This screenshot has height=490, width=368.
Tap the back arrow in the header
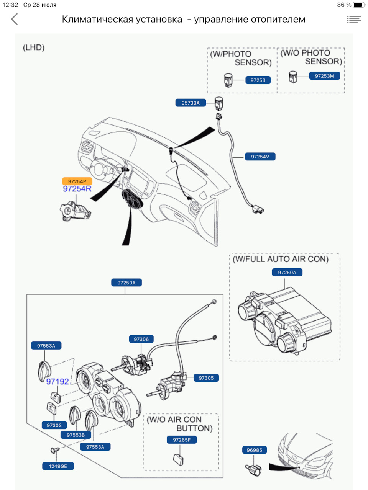[15, 19]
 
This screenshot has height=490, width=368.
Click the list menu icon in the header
[354, 19]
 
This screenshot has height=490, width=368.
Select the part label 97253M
[324, 76]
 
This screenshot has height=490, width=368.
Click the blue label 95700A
[191, 103]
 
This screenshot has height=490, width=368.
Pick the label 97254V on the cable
[260, 157]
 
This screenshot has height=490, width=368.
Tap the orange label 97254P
[77, 181]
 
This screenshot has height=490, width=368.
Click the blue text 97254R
[77, 189]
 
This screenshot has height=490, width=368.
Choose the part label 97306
[141, 339]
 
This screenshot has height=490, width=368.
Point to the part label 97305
[206, 378]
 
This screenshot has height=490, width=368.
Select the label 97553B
[76, 435]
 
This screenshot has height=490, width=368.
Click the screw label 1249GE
[58, 466]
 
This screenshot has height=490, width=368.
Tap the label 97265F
[182, 440]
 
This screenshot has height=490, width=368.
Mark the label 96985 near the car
[255, 450]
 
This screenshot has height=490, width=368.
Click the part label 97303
[54, 425]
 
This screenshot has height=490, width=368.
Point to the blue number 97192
[58, 382]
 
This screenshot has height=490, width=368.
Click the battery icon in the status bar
[358, 5]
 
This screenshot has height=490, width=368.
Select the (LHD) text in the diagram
[34, 47]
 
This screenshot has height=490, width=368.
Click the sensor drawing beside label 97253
[228, 80]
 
